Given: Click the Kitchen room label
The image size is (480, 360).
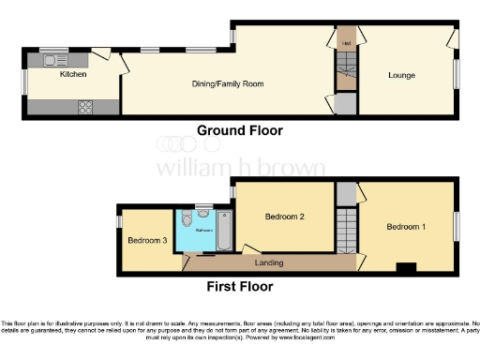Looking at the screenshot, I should point(73,74).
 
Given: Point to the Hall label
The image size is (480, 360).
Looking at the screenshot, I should point(346,43).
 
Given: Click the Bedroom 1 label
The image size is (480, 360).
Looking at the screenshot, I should point(406,227).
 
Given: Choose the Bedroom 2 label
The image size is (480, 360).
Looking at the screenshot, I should point(285,217).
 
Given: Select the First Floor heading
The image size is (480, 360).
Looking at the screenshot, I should point(241,287).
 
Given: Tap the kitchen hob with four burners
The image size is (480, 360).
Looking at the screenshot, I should point(86,105).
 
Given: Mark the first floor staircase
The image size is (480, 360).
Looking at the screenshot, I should point(346,230).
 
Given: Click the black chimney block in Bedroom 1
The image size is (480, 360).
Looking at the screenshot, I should point(406,269).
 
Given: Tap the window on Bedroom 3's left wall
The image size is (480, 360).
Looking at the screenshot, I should point(118,222).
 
